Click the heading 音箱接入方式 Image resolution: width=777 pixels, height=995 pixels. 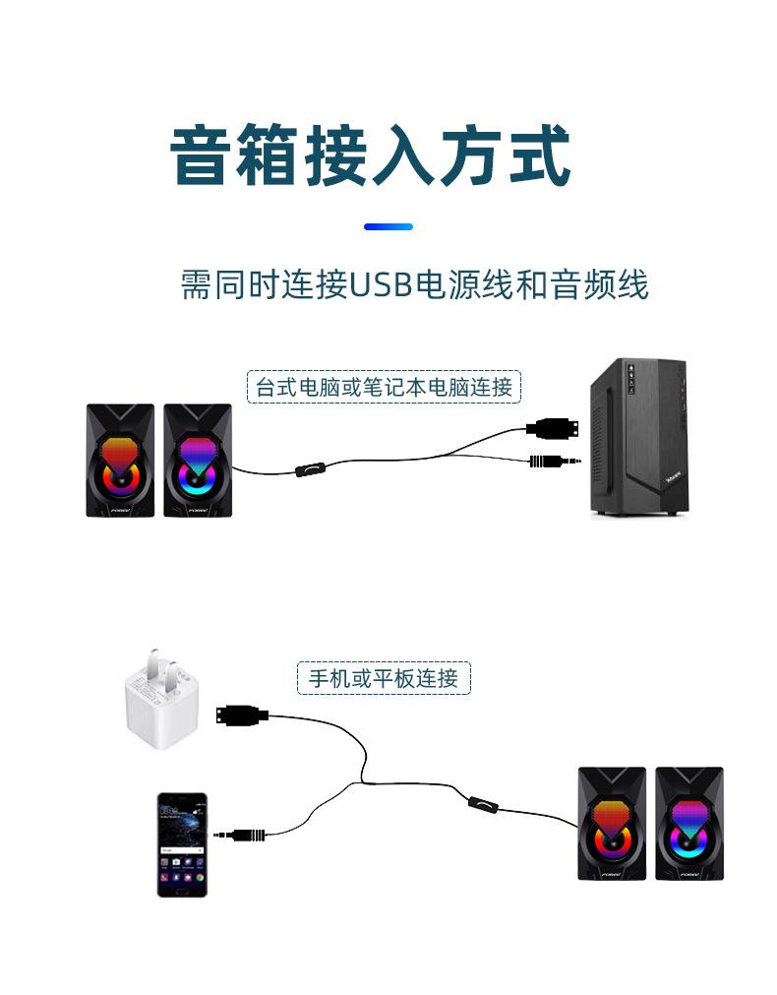click(371, 155)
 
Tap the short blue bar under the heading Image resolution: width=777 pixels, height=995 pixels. click(388, 226)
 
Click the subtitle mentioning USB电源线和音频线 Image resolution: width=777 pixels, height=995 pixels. click(415, 283)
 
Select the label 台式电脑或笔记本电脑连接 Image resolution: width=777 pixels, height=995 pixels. click(384, 387)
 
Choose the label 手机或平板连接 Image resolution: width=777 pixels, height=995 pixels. click(384, 678)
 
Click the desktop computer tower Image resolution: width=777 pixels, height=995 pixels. click(639, 437)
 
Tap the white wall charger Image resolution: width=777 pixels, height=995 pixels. click(161, 700)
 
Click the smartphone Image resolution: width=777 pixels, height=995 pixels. click(183, 844)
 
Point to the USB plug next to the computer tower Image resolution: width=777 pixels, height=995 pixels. click(552, 429)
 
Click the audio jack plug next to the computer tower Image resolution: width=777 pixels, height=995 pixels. click(555, 461)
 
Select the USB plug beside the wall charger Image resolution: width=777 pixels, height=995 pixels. click(242, 716)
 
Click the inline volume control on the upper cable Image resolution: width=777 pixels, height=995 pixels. click(312, 470)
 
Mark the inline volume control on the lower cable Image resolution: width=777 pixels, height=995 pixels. click(484, 805)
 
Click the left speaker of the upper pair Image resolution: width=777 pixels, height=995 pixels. click(121, 460)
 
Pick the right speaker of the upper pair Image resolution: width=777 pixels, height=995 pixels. click(198, 460)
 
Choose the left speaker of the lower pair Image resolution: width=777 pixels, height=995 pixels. click(612, 824)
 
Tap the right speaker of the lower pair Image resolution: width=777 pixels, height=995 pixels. click(689, 824)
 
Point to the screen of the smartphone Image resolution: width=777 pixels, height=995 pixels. click(183, 843)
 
